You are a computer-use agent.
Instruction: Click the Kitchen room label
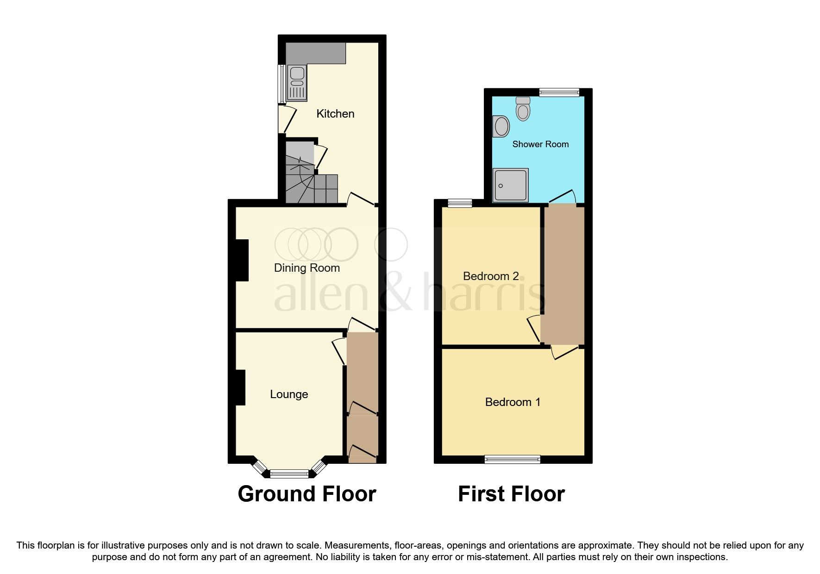pos(335,114)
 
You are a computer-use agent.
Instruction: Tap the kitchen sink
pos(297,83)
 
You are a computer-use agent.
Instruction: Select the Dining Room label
pos(307,268)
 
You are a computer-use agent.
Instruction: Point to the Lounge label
pos(289,394)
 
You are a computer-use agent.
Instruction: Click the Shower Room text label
pos(540,144)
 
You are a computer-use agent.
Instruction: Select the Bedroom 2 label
pos(491,276)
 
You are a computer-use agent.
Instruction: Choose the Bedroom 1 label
pos(513,402)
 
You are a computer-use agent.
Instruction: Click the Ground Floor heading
pos(307,494)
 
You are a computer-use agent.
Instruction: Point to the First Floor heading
pos(511,494)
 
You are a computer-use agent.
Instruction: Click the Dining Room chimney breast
pos(242,260)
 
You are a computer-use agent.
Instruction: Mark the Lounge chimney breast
pos(240,387)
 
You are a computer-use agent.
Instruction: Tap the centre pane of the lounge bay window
pos(289,474)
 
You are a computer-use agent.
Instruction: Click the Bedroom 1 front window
pos(512,459)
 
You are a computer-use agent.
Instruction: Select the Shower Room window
pos(559,93)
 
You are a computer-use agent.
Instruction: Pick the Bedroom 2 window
pos(460,203)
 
